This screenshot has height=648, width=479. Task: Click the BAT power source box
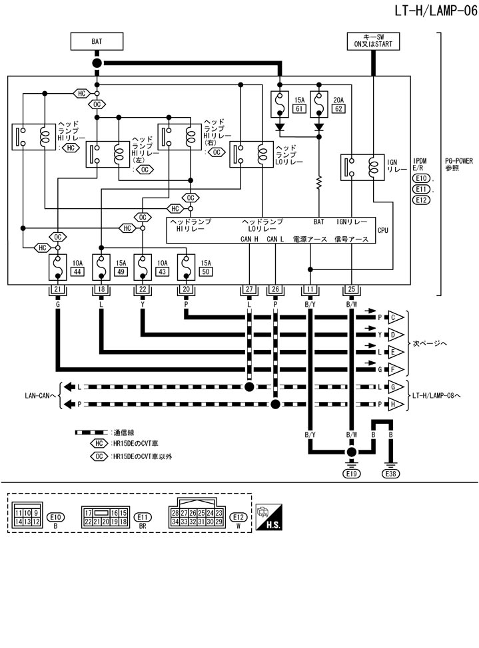point(97,41)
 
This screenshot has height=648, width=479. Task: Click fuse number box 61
point(299,108)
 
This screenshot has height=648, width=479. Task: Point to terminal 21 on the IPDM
point(57,289)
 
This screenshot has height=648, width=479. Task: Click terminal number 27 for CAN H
point(248,289)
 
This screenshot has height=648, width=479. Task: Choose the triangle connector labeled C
point(392,317)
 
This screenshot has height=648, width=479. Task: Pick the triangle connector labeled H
point(392,404)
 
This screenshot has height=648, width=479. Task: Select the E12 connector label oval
point(237,516)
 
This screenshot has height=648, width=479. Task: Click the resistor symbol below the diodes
point(319,181)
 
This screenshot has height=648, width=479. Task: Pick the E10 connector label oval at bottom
point(56,516)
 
